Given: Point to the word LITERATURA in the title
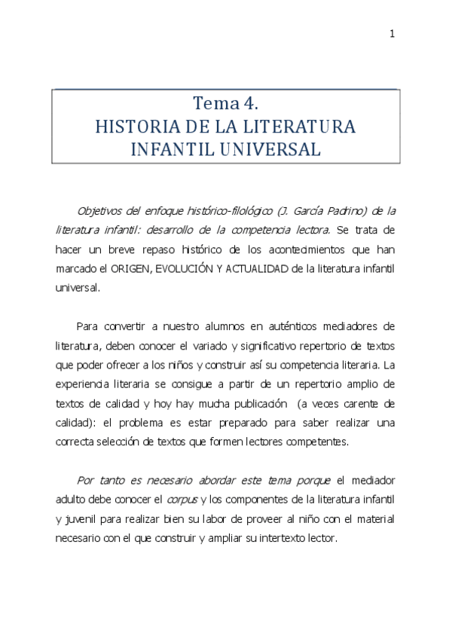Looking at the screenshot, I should pos(302,126).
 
